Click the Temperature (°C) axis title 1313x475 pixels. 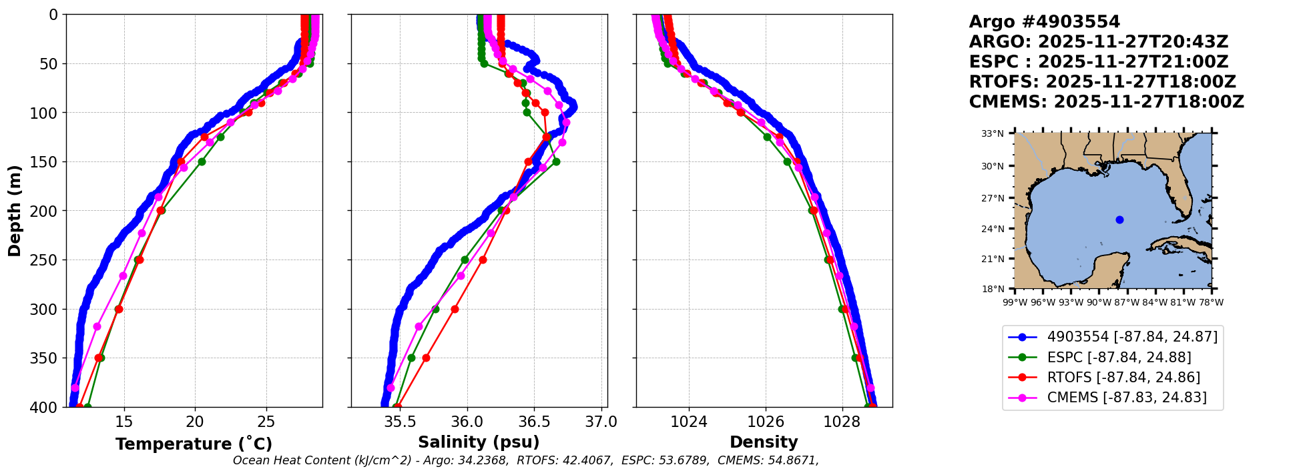194,444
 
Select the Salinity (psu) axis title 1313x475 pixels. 479,442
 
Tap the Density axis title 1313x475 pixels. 764,442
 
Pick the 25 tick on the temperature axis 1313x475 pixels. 266,422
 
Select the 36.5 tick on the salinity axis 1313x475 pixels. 535,422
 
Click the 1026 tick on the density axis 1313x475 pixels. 765,422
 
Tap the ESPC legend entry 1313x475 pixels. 1119,358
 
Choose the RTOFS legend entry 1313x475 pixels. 1123,378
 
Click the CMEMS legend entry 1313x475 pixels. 1127,398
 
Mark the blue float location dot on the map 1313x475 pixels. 1119,219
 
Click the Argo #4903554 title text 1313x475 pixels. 1045,22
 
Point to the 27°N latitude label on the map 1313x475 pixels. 993,198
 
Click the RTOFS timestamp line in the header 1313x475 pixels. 1102,82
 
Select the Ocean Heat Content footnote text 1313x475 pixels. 525,460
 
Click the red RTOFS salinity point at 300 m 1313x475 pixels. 455,309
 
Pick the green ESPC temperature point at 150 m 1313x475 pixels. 202,161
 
